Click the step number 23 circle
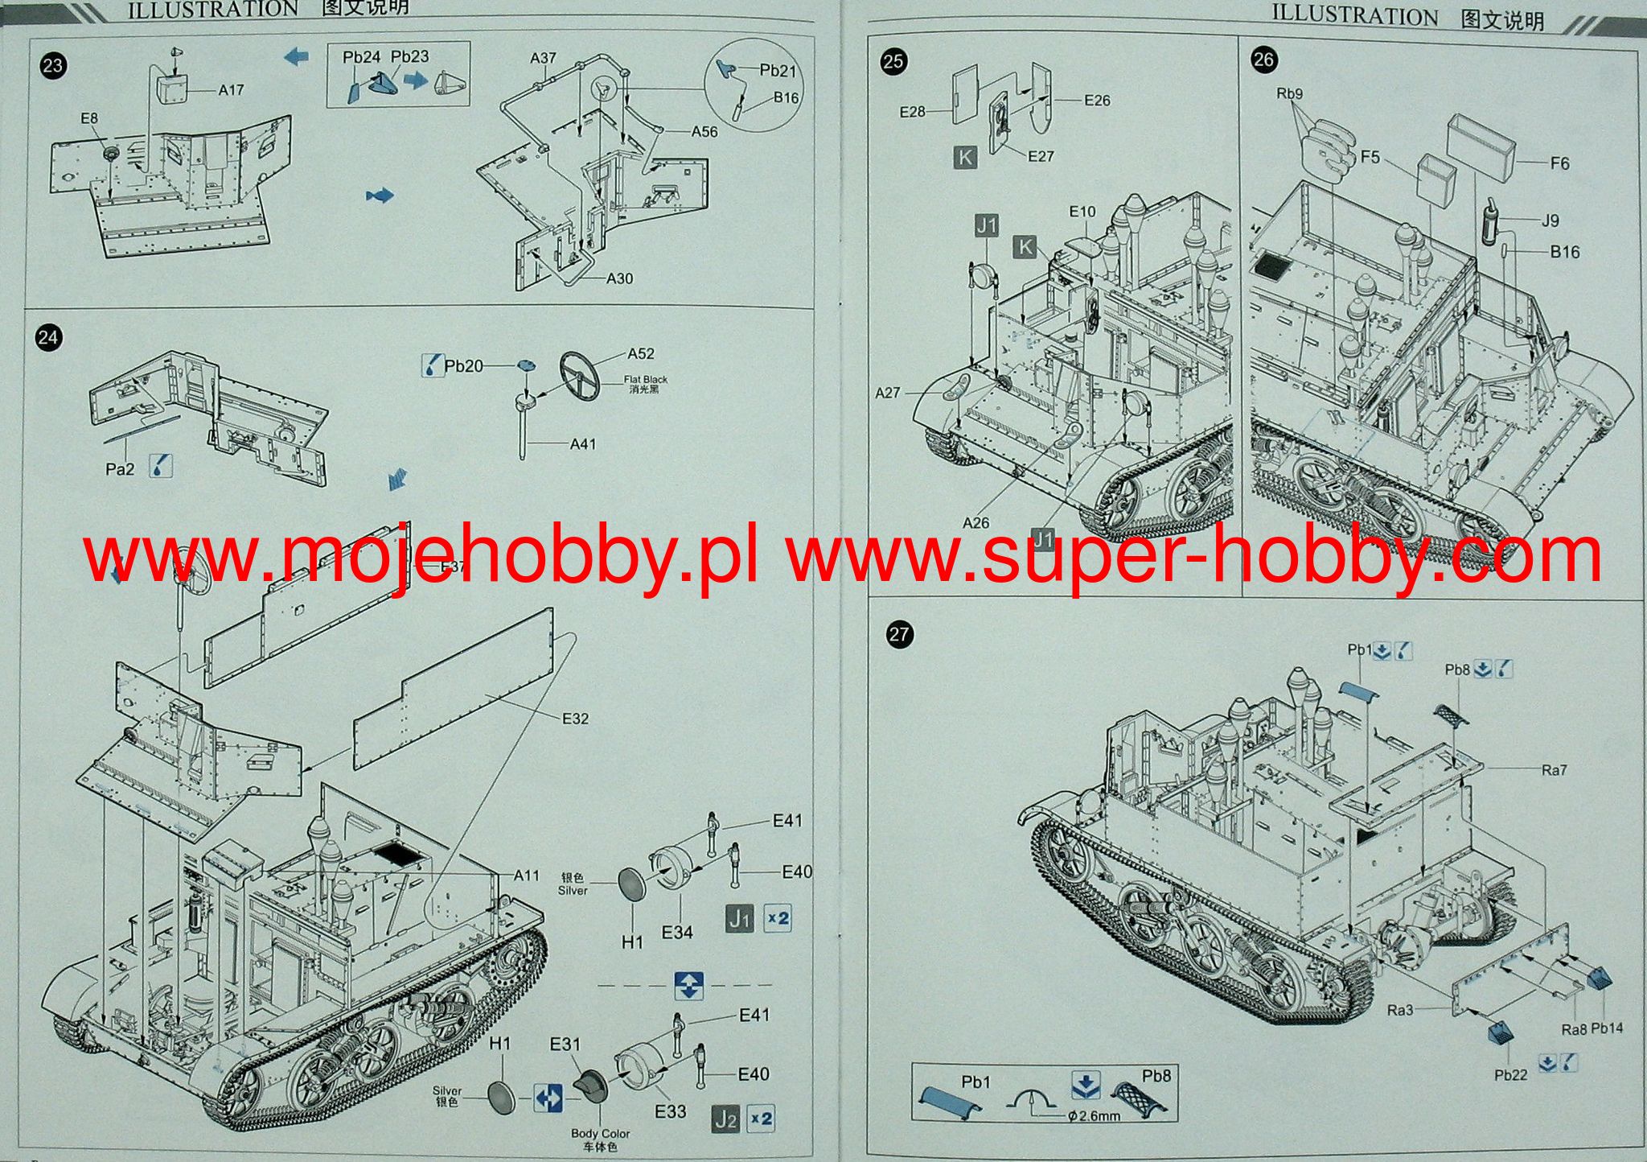(52, 65)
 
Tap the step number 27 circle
(898, 634)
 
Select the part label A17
(231, 90)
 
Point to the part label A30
(619, 278)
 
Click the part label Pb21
(778, 71)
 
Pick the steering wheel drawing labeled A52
(580, 375)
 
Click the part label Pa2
(120, 468)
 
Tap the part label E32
(575, 719)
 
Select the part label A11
(526, 875)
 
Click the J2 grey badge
(725, 1119)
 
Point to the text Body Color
(600, 1133)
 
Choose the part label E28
(913, 112)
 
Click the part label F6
(1559, 163)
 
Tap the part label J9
(1550, 220)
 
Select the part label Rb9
(1289, 93)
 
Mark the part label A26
(975, 523)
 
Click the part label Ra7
(1554, 770)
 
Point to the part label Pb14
(1607, 1028)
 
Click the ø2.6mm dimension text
(1095, 1116)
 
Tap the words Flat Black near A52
(646, 379)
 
